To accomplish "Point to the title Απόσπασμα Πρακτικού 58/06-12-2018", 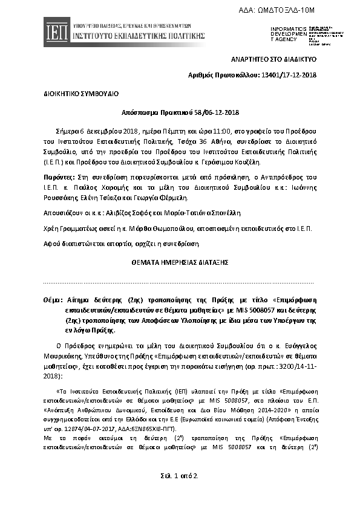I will tap(180, 113).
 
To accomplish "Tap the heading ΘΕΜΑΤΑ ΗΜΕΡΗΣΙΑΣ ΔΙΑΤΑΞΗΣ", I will tap(180, 263).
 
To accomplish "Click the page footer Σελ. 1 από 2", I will tap(180, 476).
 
